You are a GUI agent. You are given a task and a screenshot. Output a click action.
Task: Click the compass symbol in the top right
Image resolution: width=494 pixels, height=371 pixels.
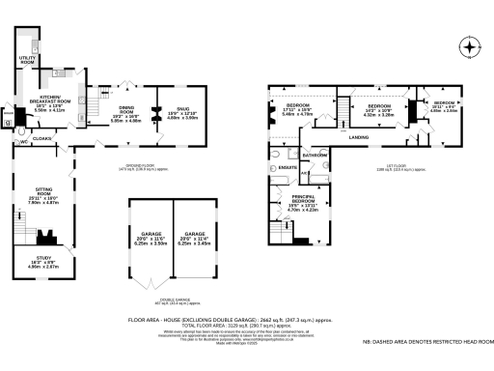[x=469, y=46]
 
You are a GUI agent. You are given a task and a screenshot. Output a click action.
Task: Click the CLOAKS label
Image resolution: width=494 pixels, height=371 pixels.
[x=41, y=139]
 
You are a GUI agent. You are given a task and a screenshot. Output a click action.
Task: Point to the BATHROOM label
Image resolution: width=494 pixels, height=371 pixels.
[x=316, y=155]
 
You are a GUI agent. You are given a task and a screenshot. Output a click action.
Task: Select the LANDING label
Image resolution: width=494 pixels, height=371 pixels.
[x=360, y=137]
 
